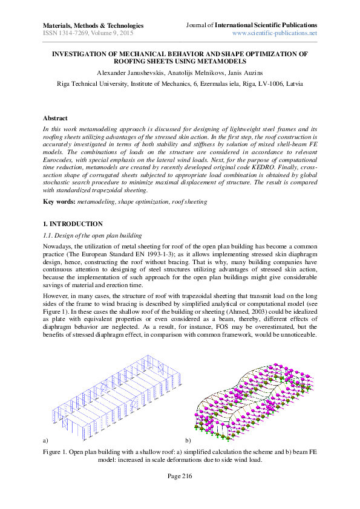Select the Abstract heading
[55, 118]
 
